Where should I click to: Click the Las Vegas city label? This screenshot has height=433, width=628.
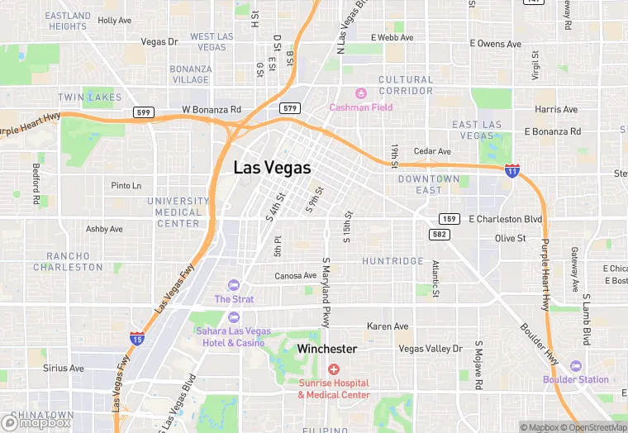pos(272,168)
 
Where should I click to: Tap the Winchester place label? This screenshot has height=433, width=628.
pos(327,350)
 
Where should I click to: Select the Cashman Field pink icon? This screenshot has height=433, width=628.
pos(360,93)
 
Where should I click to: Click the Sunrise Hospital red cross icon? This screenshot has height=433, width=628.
pos(334,369)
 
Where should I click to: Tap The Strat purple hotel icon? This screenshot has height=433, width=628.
pos(234,285)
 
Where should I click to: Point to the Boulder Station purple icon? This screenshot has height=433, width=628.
pos(575,366)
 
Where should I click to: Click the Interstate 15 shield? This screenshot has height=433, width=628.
pos(138,337)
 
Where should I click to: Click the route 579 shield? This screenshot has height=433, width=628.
pos(289,108)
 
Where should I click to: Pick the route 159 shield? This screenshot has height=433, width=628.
pos(449,219)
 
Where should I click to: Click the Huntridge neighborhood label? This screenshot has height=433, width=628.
pos(392,261)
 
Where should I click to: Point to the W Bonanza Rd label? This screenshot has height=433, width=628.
pos(212,109)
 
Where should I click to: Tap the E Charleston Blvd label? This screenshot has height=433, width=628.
pos(506,219)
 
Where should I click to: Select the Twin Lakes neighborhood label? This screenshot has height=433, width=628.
pos(89,98)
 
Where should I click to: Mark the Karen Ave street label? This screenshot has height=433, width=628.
pos(388,326)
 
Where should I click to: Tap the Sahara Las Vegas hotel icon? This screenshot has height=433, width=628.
pos(234,317)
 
